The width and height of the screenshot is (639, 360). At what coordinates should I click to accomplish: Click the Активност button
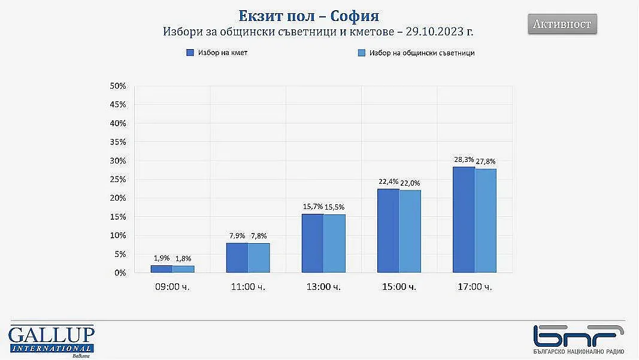[562, 25]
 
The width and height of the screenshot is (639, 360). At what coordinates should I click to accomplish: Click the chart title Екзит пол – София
[309, 15]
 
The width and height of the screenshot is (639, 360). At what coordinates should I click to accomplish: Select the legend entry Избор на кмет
[217, 53]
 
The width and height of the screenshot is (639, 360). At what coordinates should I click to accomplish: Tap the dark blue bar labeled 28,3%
[464, 220]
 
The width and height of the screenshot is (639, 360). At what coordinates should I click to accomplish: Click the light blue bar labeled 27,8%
[486, 221]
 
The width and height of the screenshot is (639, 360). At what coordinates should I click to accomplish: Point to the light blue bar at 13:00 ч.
[334, 243]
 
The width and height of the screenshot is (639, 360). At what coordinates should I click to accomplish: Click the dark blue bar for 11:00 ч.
[237, 258]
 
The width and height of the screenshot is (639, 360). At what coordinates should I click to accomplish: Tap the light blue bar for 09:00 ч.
[183, 269]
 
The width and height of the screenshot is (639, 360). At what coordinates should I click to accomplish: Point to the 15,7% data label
[313, 207]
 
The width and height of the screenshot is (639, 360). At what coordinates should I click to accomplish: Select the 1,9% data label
[162, 258]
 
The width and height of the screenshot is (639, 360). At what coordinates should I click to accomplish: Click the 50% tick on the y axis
[118, 86]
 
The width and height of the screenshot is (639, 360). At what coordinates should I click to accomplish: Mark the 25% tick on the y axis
[118, 180]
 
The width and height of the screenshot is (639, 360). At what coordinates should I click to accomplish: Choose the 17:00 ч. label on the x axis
[474, 287]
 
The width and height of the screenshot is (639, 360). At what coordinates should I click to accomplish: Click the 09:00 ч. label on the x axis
[172, 287]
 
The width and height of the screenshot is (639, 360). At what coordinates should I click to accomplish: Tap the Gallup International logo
[52, 340]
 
